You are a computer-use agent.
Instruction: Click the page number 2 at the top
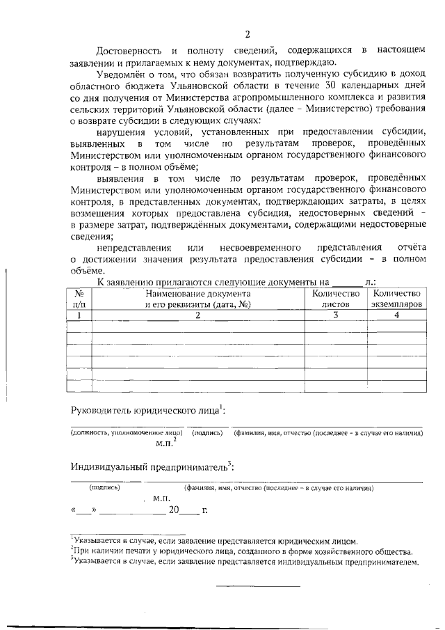[x=247, y=33]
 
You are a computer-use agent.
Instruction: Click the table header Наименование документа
[x=197, y=294]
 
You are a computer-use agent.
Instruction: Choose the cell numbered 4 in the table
[x=396, y=315]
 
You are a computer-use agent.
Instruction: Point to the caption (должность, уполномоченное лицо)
[x=127, y=433]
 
